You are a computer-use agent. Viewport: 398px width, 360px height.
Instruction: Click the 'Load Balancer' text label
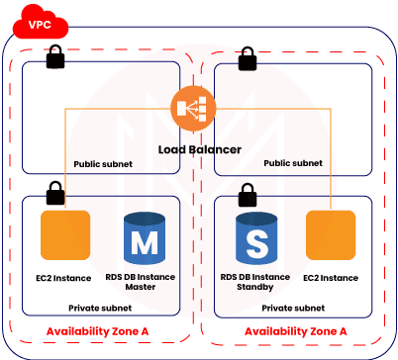[x=199, y=149]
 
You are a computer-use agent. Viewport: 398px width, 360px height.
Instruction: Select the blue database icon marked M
[x=146, y=239]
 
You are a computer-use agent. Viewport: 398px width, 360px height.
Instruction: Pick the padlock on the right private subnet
[x=248, y=189]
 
